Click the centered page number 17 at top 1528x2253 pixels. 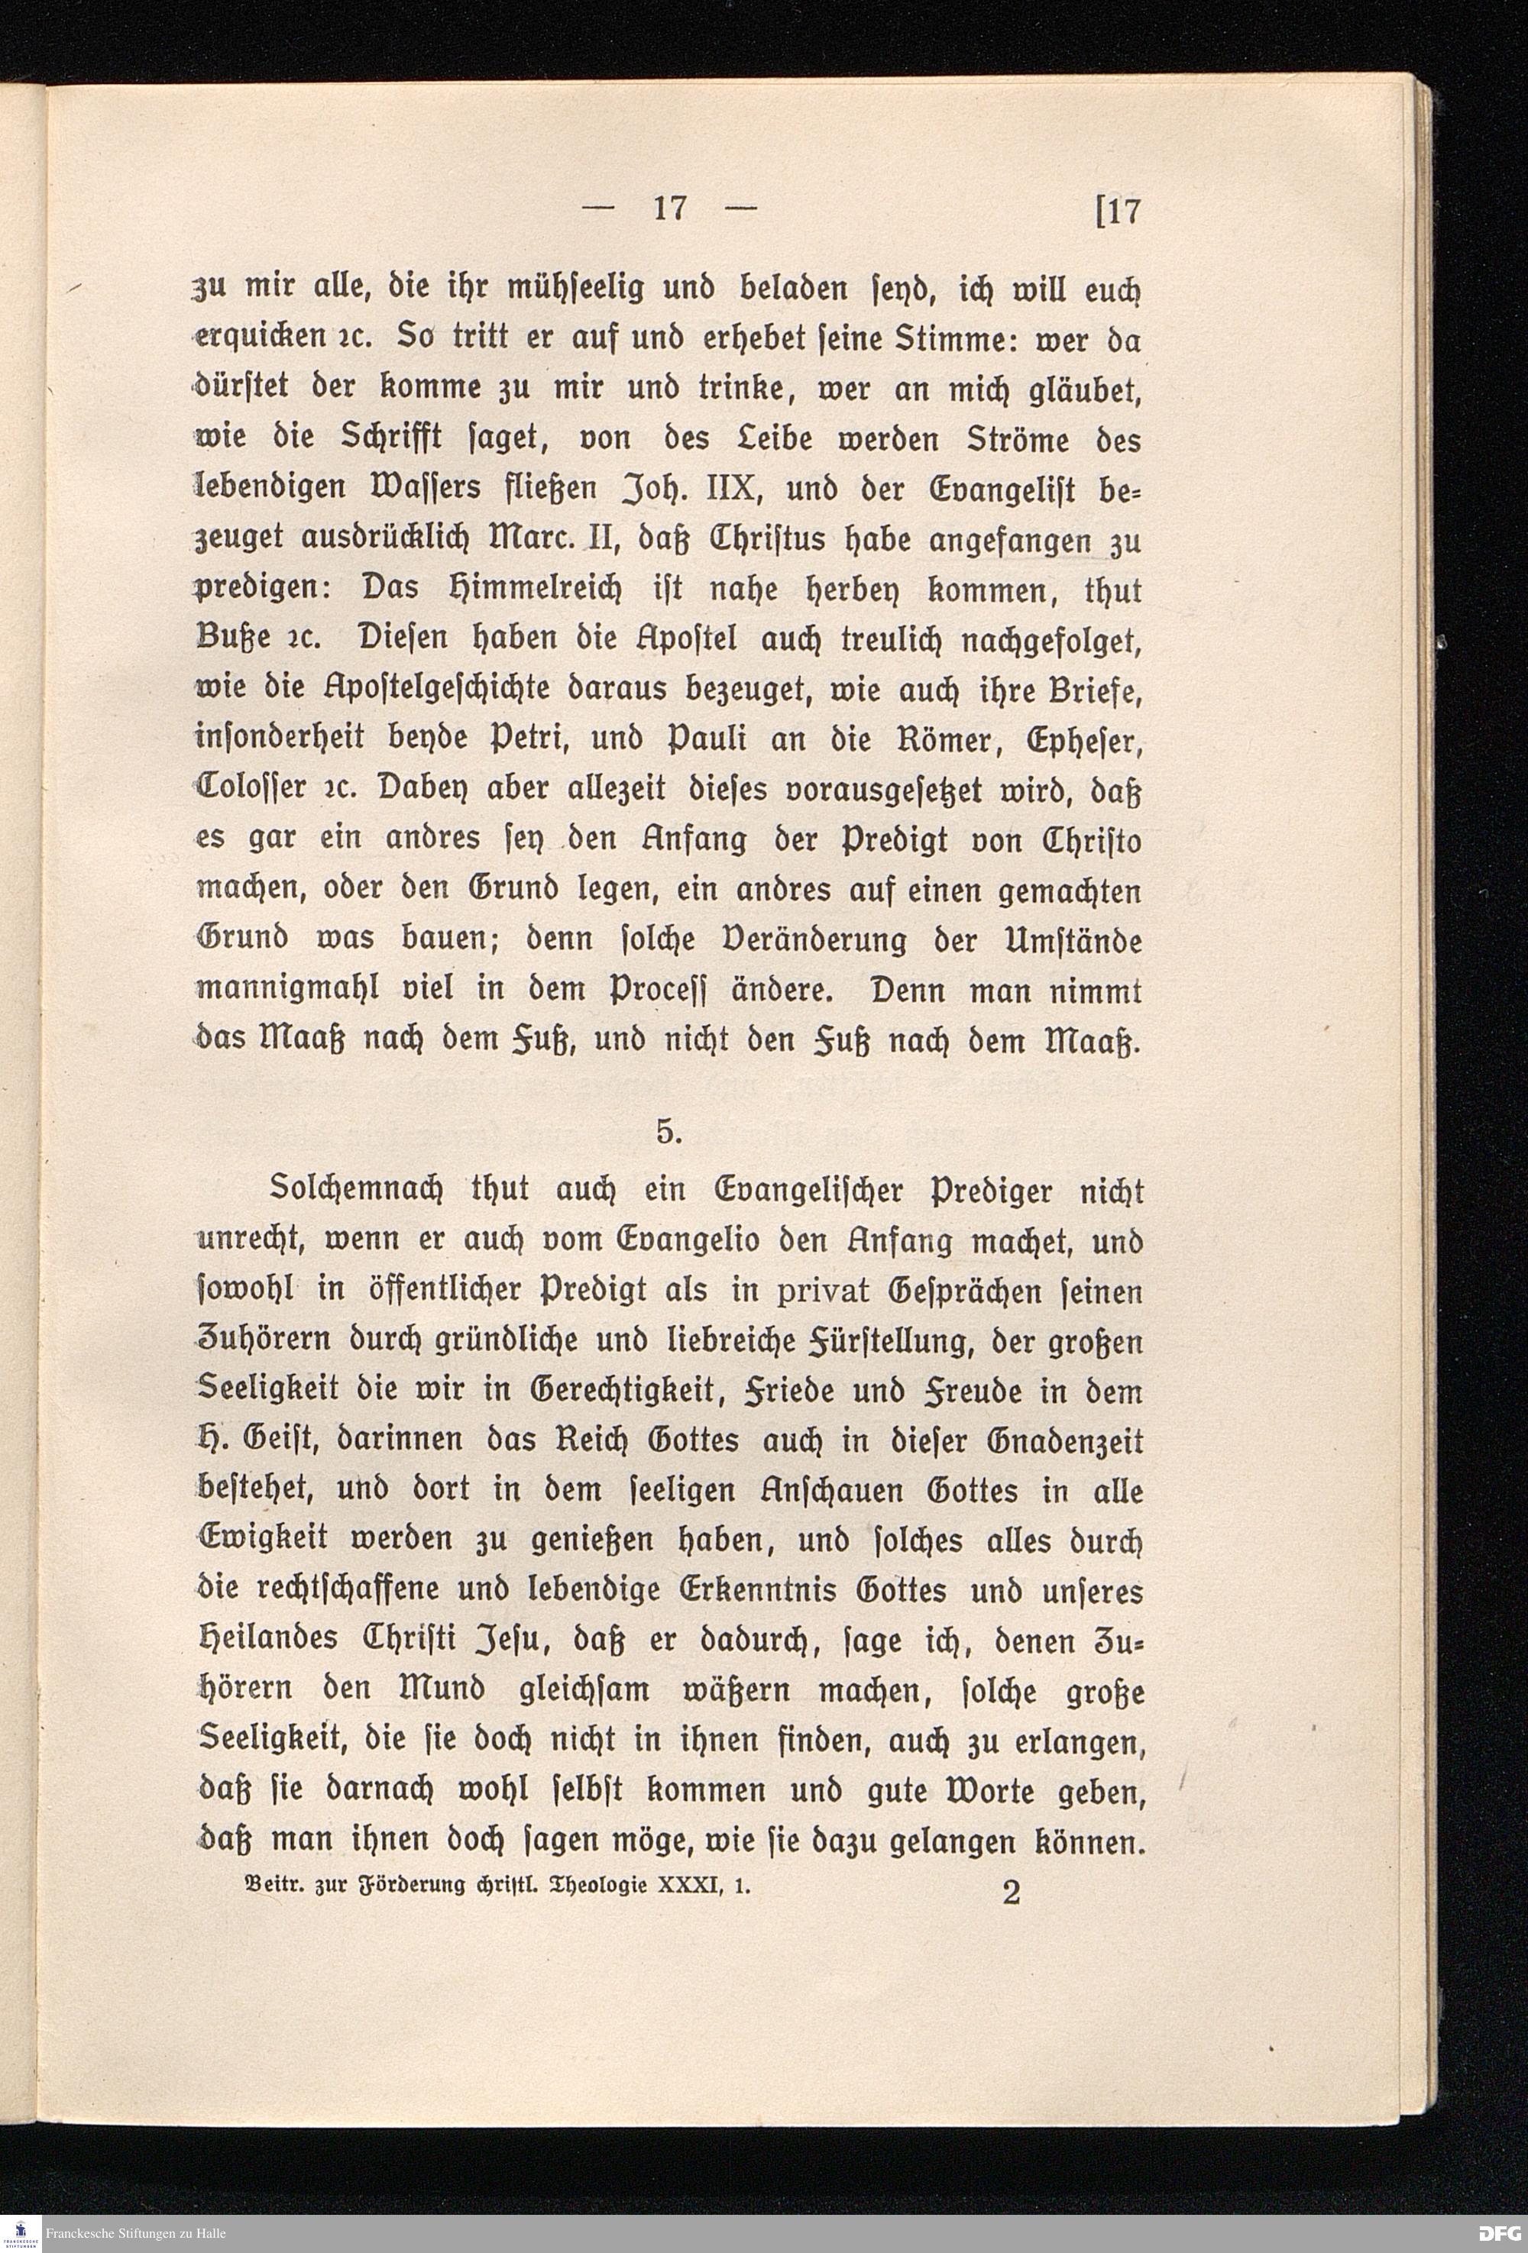[669, 208]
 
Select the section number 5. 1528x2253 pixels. [668, 1131]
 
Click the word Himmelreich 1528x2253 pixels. [550, 590]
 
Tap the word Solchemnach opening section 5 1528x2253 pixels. [345, 1191]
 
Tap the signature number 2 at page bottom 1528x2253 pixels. [1012, 1893]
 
